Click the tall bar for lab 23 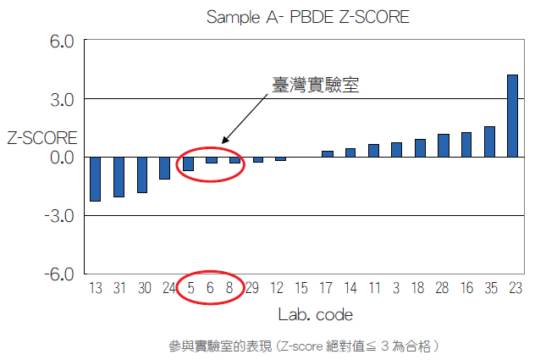pyautogui.click(x=512, y=115)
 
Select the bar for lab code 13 pyautogui.click(x=95, y=179)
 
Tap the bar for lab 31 pyautogui.click(x=119, y=176)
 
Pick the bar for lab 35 pyautogui.click(x=489, y=141)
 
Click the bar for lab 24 pyautogui.click(x=165, y=168)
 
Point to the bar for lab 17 pyautogui.click(x=328, y=153)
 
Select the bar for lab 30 pyautogui.click(x=142, y=174)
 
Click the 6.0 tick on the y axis pyautogui.click(x=63, y=41)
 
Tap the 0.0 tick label pyautogui.click(x=63, y=158)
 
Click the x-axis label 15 pyautogui.click(x=301, y=288)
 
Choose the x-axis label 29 pyautogui.click(x=251, y=288)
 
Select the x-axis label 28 pyautogui.click(x=443, y=288)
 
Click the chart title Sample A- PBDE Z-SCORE pyautogui.click(x=308, y=17)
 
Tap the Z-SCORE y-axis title pyautogui.click(x=42, y=137)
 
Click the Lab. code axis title pyautogui.click(x=315, y=315)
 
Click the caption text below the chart pyautogui.click(x=305, y=346)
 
